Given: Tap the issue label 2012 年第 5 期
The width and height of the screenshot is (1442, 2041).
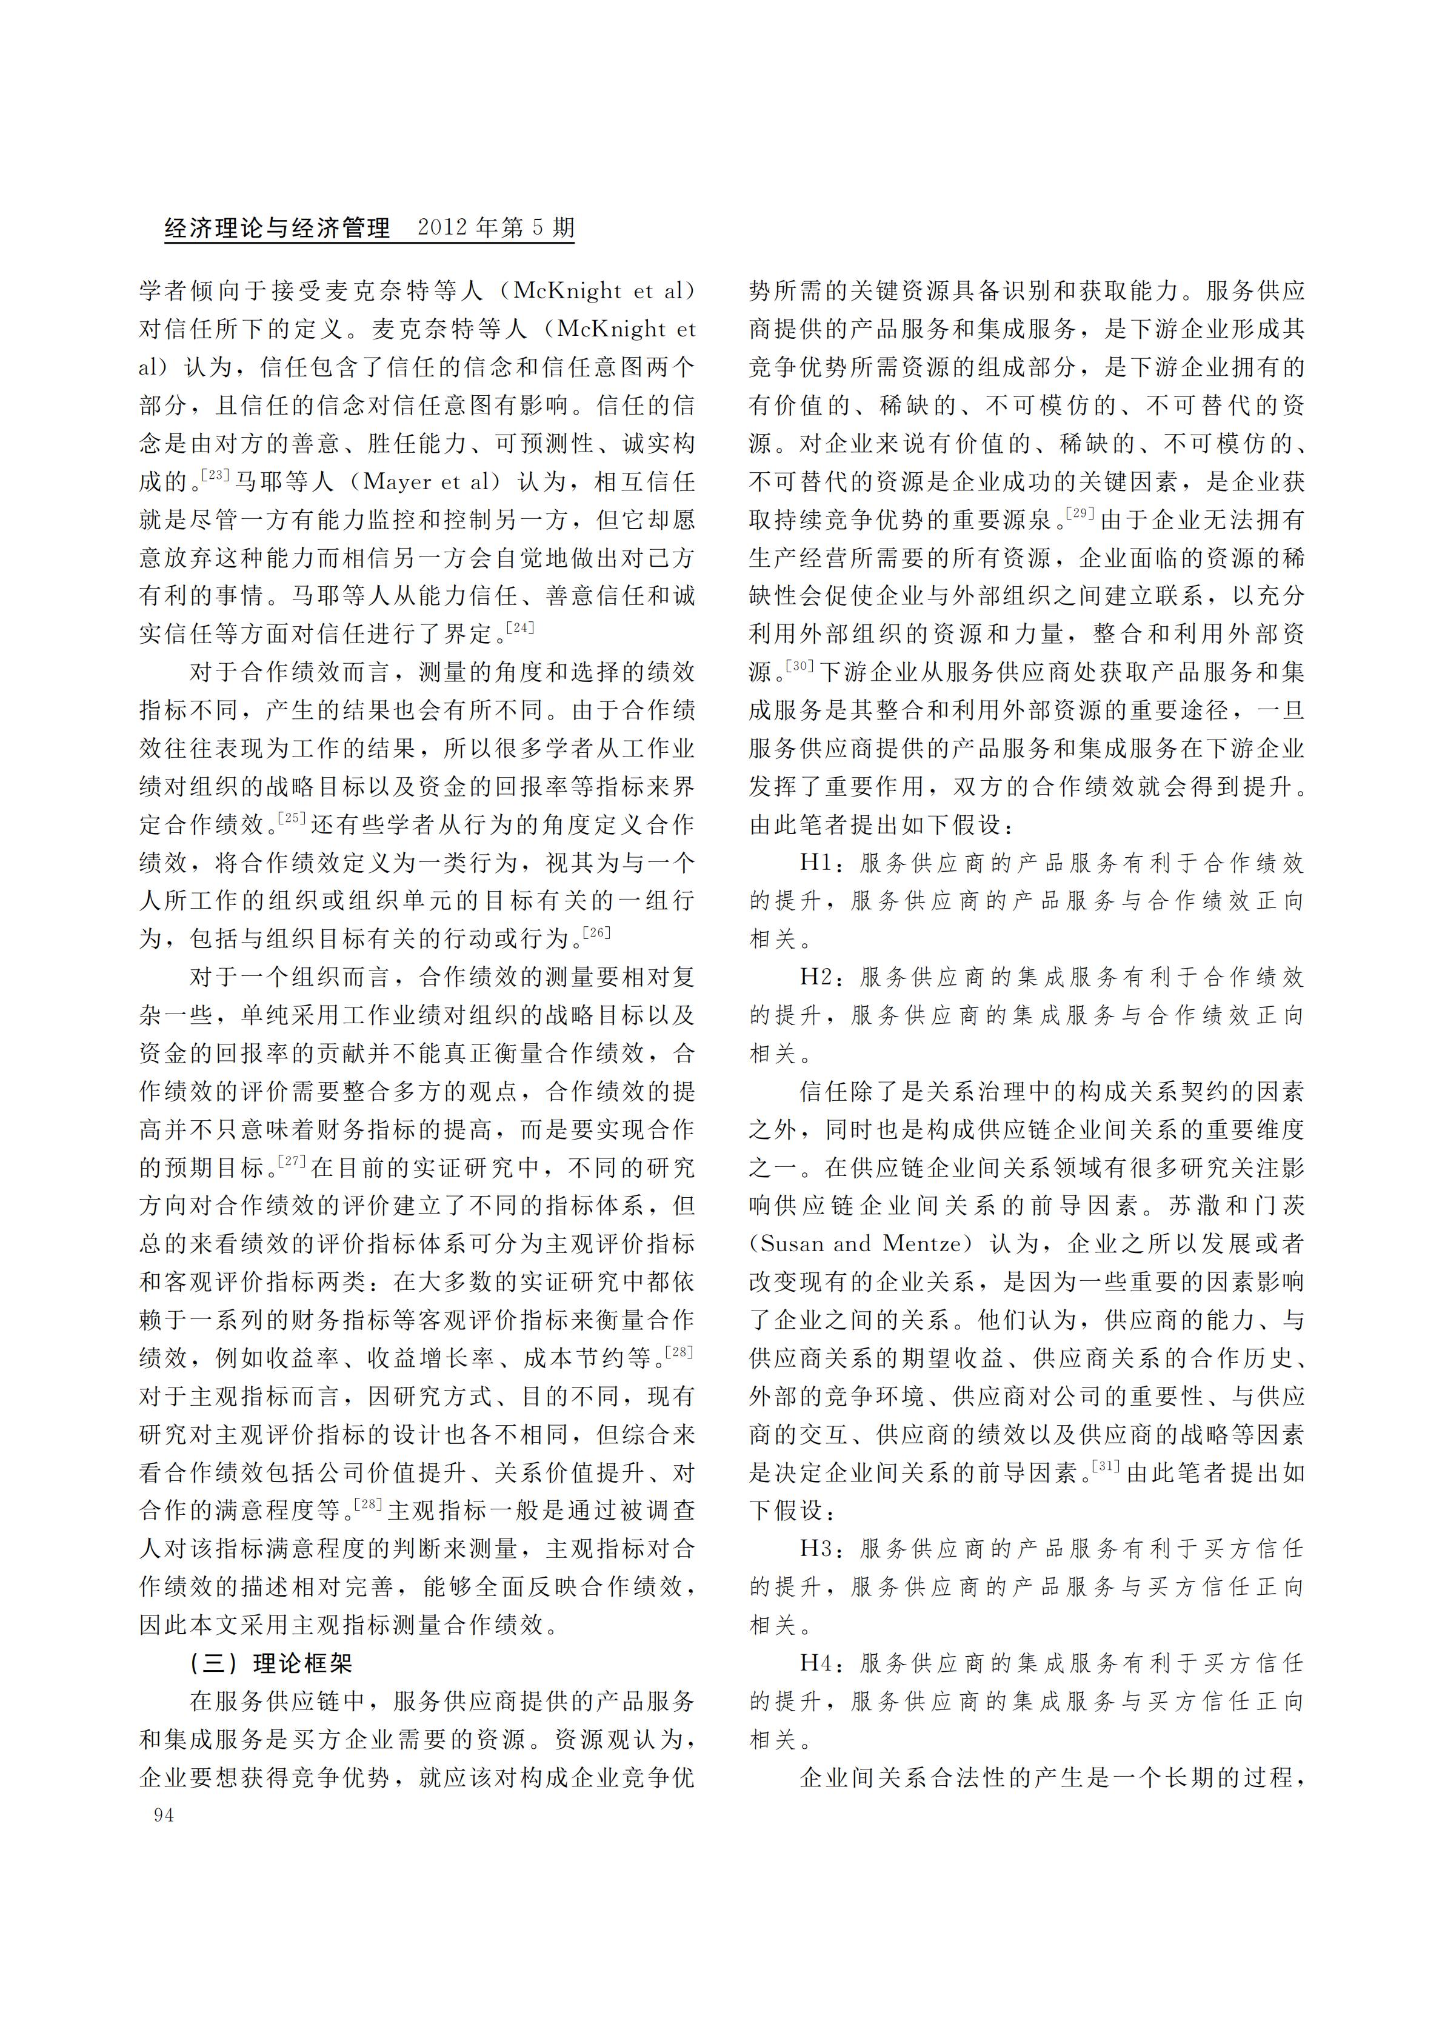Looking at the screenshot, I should coord(495,227).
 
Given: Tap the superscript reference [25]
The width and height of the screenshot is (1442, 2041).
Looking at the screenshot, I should coord(292,818).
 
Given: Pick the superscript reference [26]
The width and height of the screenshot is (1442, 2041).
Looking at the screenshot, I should coord(596,932).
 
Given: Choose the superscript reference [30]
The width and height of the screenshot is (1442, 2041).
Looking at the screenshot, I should coord(799,665).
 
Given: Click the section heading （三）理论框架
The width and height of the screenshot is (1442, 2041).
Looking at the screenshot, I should coord(270,1663).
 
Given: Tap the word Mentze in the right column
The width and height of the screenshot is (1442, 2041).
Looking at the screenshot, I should coord(922,1244).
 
